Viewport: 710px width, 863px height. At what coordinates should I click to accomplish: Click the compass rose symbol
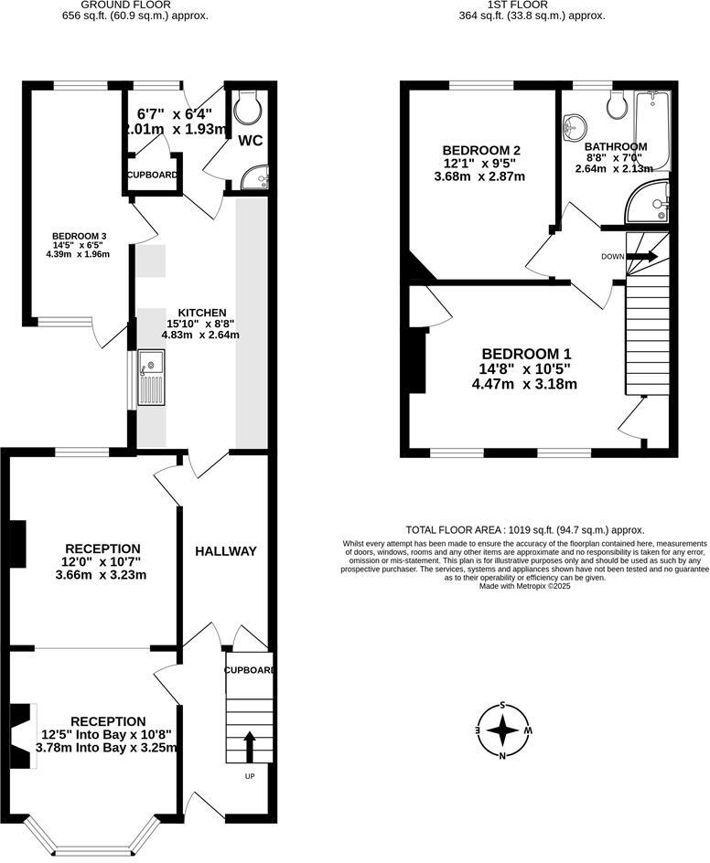tap(502, 730)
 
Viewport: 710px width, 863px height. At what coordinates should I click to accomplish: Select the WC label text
tap(250, 142)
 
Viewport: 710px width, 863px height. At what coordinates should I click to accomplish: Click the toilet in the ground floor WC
tap(248, 109)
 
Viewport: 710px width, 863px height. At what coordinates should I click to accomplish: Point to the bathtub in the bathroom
tap(653, 129)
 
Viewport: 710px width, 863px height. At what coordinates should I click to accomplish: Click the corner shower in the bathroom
tap(651, 203)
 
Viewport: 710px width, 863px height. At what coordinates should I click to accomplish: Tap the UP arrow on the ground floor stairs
tap(249, 745)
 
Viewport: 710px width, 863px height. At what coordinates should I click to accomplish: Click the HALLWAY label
tap(226, 551)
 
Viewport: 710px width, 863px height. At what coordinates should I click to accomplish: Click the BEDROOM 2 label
tap(481, 151)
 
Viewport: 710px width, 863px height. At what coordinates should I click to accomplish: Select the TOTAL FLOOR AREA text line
tap(525, 530)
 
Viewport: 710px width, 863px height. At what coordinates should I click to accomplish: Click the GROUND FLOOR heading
tap(145, 5)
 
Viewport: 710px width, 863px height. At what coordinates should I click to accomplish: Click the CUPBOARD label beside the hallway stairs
tap(250, 670)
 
